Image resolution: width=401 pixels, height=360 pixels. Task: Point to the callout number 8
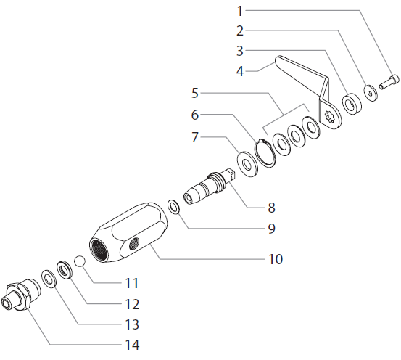click(271, 207)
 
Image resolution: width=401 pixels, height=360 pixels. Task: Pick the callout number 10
click(275, 258)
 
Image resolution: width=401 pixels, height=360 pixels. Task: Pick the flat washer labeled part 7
click(247, 163)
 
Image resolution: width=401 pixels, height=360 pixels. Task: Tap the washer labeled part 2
click(371, 91)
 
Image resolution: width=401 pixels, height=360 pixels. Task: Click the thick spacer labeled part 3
click(352, 103)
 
